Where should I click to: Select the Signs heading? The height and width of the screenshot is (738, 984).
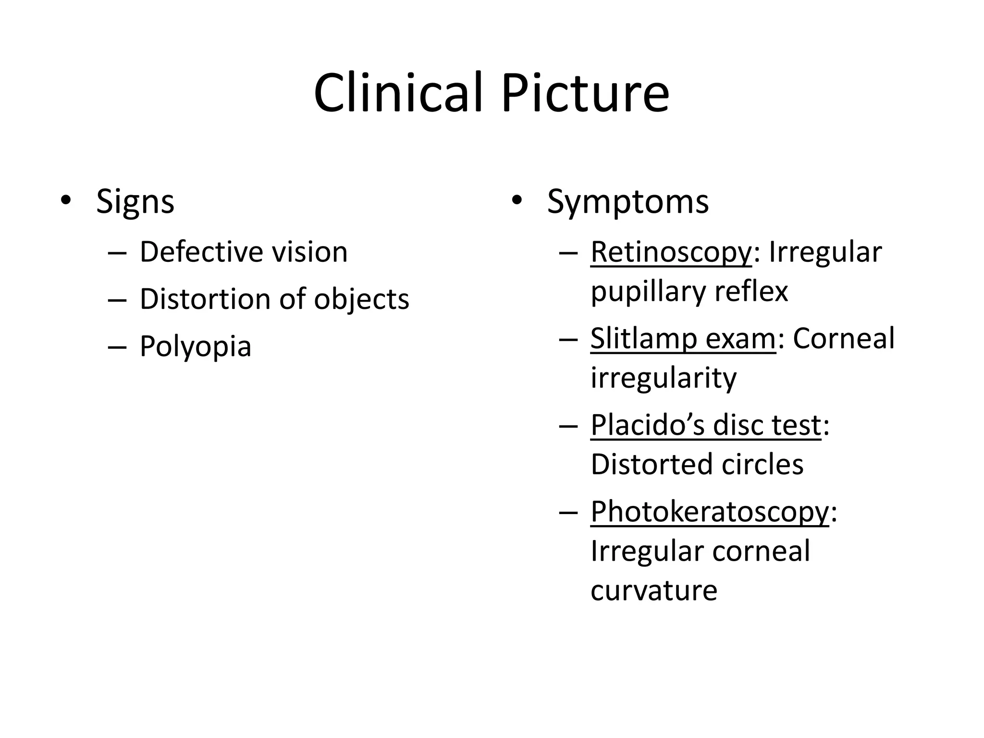(135, 202)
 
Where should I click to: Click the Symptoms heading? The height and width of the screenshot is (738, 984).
(627, 202)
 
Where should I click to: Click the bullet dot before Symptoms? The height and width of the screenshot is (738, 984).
(517, 200)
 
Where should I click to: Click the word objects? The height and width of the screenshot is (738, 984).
(361, 300)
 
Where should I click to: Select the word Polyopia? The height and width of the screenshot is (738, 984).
(196, 347)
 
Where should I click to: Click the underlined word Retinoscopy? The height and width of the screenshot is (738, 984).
(671, 252)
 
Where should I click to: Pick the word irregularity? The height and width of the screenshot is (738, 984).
(663, 379)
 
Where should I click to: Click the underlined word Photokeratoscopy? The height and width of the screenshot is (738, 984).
(710, 512)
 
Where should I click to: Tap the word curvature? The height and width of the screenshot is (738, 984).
(653, 590)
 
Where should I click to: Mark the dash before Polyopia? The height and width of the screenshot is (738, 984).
(117, 347)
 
